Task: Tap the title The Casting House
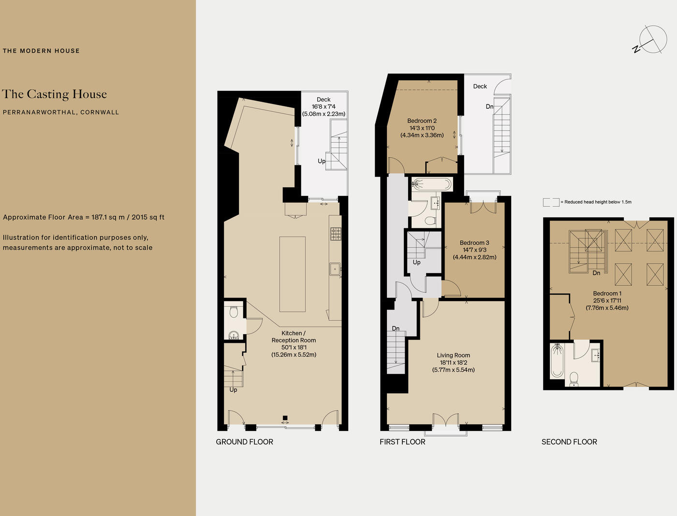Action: point(55,94)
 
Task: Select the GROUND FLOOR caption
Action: point(244,442)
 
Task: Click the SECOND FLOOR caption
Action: point(569,442)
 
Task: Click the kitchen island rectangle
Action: point(292,274)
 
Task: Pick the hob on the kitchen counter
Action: point(336,234)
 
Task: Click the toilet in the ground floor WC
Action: point(234,312)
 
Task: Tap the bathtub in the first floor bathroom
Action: point(431,184)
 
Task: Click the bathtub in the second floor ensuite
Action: point(557,361)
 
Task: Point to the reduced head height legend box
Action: point(551,202)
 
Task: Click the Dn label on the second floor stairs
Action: point(596,273)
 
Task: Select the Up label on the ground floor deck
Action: point(322,161)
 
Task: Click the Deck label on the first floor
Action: point(480,87)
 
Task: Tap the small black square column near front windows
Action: point(285,418)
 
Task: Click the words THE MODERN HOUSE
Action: point(41,51)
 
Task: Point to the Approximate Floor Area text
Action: point(84,217)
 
